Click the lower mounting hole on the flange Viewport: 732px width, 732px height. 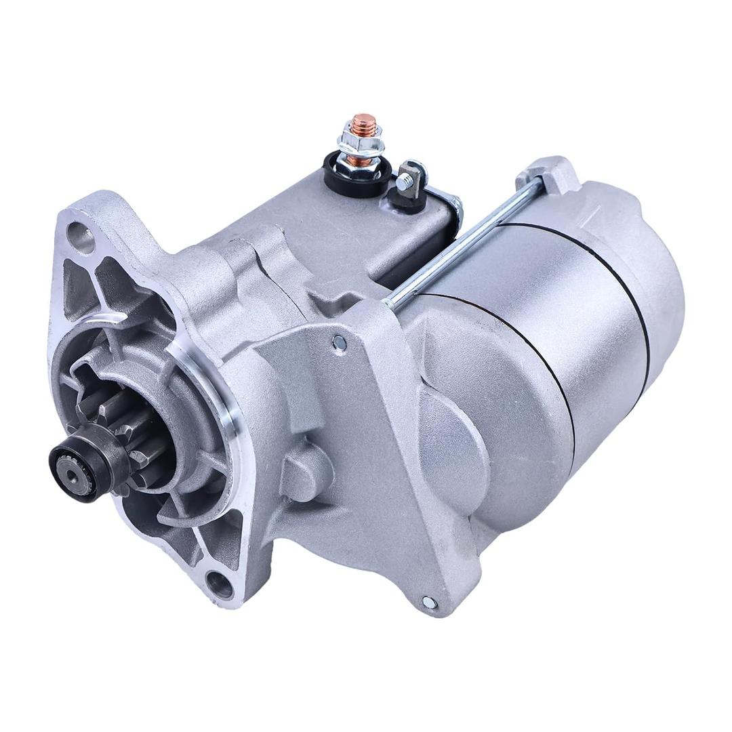(x=219, y=581)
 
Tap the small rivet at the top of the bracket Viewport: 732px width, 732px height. (x=340, y=343)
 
